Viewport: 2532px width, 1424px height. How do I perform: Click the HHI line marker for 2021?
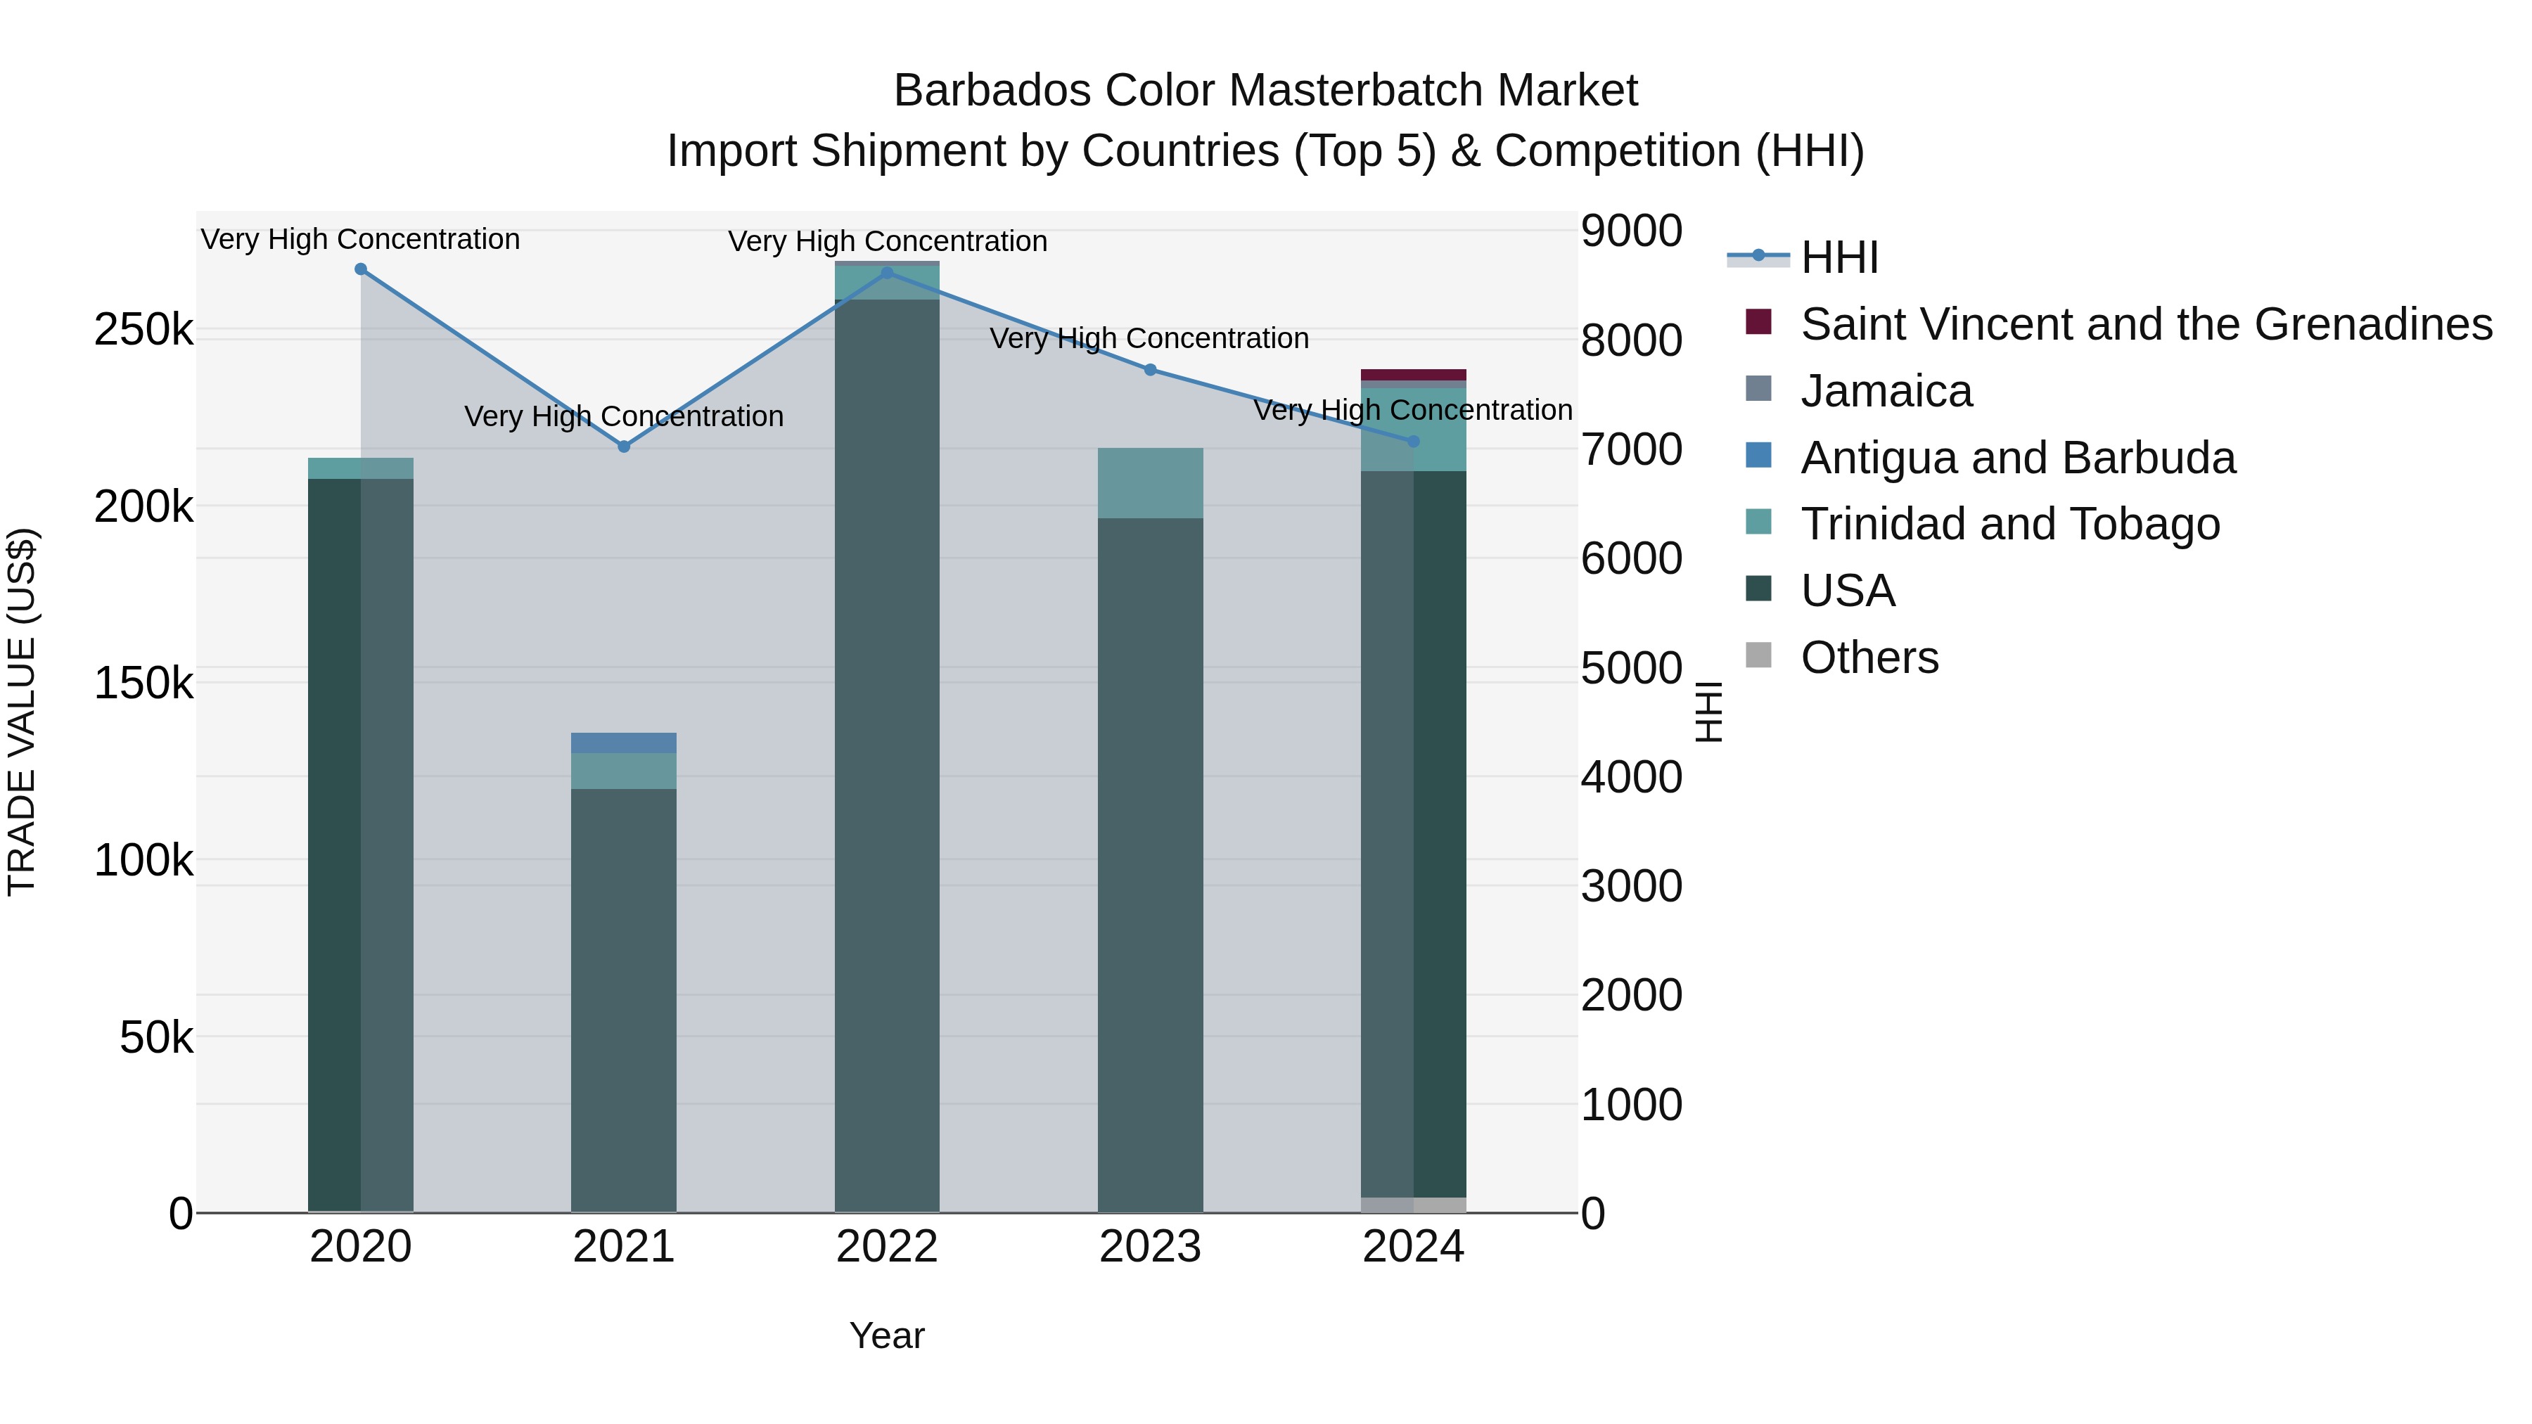623,446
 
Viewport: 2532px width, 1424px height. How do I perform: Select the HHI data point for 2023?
1150,369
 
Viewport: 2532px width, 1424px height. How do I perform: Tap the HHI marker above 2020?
361,269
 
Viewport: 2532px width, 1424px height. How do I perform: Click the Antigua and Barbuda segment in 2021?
623,743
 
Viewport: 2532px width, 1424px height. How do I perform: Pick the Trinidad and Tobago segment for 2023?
1150,482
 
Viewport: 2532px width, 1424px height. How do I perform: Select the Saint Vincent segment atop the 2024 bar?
1414,374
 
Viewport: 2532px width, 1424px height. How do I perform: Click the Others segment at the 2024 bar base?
1414,1205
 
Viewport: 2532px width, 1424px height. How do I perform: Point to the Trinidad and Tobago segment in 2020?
361,468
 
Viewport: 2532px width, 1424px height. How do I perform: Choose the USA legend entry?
1847,591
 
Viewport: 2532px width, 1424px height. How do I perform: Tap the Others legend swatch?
1758,655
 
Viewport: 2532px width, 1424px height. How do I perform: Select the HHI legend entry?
1839,257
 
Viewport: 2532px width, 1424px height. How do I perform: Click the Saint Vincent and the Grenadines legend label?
2146,324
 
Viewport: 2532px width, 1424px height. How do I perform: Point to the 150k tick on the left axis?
143,683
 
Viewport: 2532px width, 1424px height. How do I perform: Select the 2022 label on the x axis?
887,1247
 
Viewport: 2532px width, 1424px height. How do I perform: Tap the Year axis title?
887,1335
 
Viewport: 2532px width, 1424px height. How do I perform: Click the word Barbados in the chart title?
992,91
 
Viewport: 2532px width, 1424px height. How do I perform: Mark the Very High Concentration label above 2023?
1149,338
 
